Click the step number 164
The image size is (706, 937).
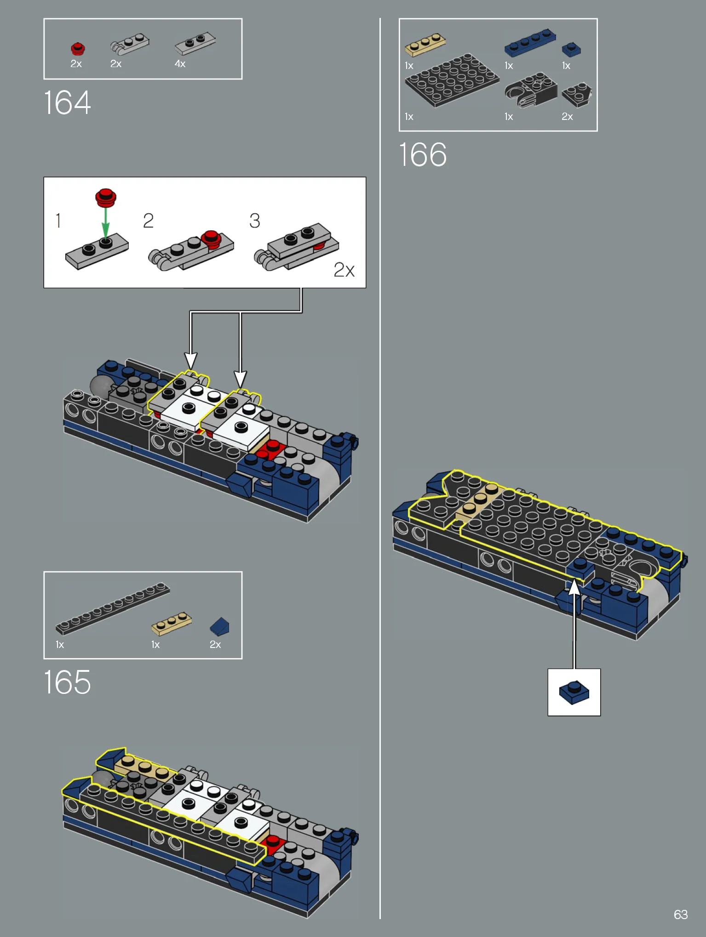click(67, 102)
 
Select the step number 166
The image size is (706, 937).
click(423, 154)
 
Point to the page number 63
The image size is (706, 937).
click(681, 914)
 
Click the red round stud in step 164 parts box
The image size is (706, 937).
click(78, 49)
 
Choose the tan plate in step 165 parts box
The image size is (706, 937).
click(172, 624)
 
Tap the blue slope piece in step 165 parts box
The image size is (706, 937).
click(219, 626)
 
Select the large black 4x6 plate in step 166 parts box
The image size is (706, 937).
click(452, 80)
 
